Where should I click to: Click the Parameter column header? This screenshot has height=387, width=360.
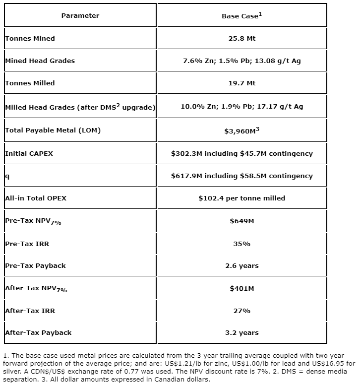tap(80, 16)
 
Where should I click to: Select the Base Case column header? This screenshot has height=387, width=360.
tap(241, 16)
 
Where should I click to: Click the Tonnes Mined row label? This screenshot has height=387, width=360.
tap(30, 38)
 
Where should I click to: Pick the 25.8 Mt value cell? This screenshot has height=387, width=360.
tap(241, 38)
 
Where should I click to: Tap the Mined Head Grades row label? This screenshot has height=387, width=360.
tap(40, 61)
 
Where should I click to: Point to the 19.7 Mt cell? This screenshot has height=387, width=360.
tap(241, 83)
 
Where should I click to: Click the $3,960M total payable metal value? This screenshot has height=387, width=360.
tap(241, 131)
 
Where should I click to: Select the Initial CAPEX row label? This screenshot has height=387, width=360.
tap(29, 153)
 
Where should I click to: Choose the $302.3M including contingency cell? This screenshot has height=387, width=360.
tap(241, 153)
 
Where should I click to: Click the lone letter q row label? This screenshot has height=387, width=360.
tap(7, 176)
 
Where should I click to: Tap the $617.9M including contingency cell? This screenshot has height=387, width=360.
tap(241, 176)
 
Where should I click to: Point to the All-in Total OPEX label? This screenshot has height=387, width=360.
tap(36, 198)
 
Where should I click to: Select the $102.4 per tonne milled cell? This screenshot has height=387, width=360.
tap(241, 198)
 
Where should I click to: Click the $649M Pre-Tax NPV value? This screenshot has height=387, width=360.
tap(241, 221)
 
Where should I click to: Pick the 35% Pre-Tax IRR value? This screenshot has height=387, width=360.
tap(241, 244)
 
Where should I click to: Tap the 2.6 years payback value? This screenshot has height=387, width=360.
tap(241, 265)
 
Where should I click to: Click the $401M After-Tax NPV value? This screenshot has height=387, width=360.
tap(241, 288)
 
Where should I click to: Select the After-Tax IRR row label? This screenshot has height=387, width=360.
tap(30, 311)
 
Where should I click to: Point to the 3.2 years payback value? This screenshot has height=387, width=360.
tap(241, 332)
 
